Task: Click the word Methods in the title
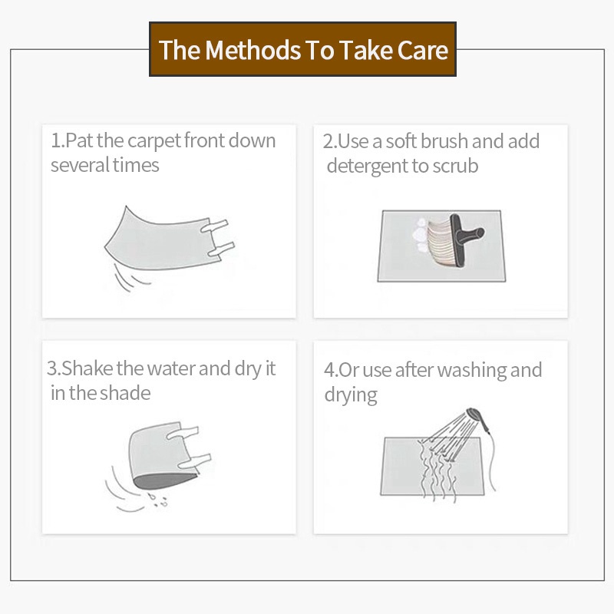(x=253, y=50)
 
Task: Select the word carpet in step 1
(x=154, y=141)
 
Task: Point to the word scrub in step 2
(x=455, y=166)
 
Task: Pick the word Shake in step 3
(x=87, y=368)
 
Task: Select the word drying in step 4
(x=351, y=395)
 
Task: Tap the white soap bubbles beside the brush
(x=419, y=235)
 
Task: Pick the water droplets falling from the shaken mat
(x=157, y=500)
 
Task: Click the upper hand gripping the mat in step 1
(x=215, y=226)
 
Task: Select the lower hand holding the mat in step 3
(x=194, y=461)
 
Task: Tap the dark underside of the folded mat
(x=164, y=481)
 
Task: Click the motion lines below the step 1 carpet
(x=129, y=278)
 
